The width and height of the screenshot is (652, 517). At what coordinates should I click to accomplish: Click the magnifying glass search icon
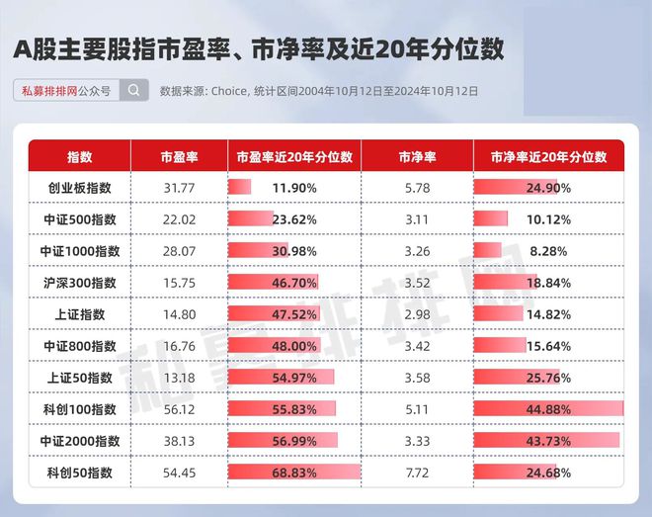pos(134,90)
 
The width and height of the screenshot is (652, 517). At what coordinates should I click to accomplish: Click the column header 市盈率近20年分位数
pos(294,157)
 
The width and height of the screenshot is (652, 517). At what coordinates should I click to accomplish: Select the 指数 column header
pos(79,157)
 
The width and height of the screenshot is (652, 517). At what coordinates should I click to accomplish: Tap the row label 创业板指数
pos(79,188)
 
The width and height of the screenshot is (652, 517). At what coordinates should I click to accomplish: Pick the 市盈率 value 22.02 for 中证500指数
pos(179,219)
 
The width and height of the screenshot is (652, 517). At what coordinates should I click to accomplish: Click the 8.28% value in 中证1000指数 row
pos(548,251)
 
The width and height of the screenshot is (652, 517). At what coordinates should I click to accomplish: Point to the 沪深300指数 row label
pos(79,283)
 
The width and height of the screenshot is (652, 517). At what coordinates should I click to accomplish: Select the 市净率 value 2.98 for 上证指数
pos(417,314)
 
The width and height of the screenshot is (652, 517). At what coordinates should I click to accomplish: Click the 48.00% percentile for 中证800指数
pos(294,346)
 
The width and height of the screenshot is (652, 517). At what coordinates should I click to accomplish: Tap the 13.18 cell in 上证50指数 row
pos(179,378)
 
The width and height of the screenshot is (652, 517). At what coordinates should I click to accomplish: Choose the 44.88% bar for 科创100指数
pos(548,409)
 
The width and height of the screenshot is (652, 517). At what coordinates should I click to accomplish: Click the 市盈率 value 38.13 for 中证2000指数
pos(179,441)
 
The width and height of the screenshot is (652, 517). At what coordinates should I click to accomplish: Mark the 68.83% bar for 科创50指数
pos(294,473)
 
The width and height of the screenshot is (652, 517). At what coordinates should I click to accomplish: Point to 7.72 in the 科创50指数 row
pos(417,473)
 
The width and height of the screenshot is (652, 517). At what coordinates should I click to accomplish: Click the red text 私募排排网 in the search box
pos(49,91)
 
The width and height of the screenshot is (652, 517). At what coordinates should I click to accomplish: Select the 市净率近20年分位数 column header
pos(548,157)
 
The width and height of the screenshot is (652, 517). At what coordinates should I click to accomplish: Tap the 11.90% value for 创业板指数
pos(294,188)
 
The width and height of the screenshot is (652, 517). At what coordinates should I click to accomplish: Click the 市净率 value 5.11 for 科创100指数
pos(417,409)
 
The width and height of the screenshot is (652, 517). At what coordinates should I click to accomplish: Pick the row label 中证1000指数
pos(79,251)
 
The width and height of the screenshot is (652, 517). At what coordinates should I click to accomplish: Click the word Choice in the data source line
pos(229,91)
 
